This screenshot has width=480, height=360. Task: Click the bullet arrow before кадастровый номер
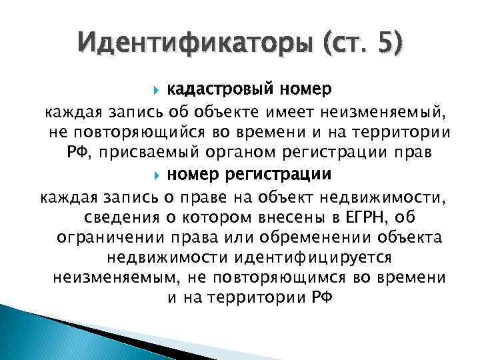(x=157, y=89)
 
